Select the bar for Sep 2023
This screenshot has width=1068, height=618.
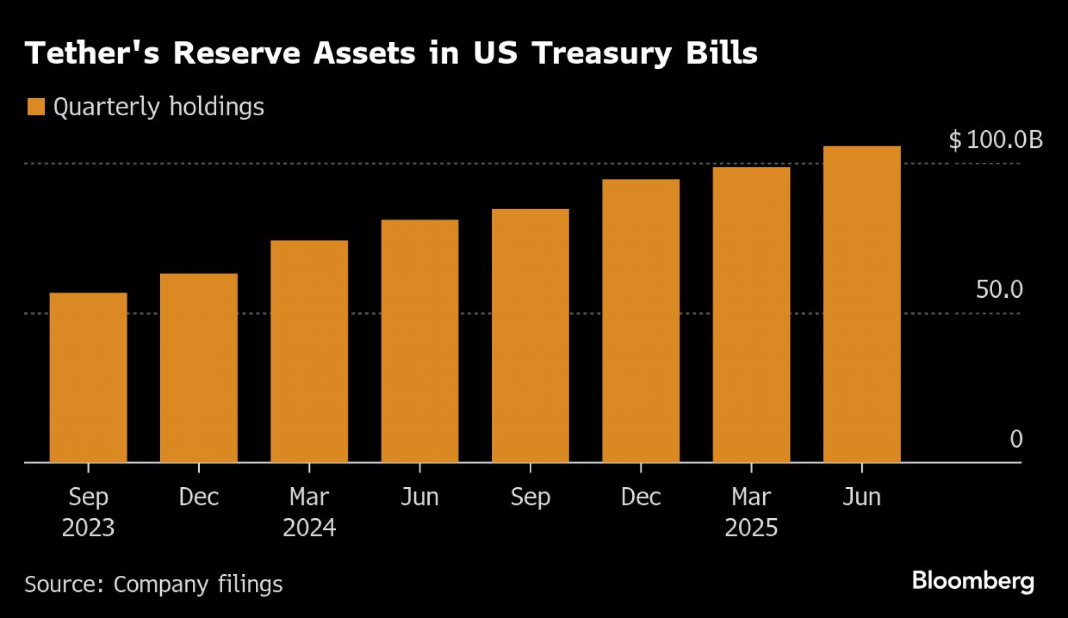pyautogui.click(x=88, y=377)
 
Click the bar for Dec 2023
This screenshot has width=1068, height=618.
pyautogui.click(x=199, y=368)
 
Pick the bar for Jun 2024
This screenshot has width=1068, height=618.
pyautogui.click(x=420, y=341)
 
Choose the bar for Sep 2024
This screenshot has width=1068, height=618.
pyautogui.click(x=530, y=336)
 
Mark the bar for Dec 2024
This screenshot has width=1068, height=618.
pyautogui.click(x=641, y=321)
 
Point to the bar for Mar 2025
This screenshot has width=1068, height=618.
pyautogui.click(x=751, y=315)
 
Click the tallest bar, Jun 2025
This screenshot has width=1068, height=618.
pyautogui.click(x=862, y=304)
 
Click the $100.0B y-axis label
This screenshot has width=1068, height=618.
pyautogui.click(x=995, y=140)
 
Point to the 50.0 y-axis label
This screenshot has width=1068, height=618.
pyautogui.click(x=999, y=289)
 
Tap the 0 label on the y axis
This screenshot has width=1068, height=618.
pyautogui.click(x=1016, y=439)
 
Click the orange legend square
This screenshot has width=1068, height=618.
pyautogui.click(x=36, y=107)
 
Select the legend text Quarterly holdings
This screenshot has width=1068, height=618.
pyautogui.click(x=159, y=107)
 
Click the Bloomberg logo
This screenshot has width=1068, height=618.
pyautogui.click(x=973, y=581)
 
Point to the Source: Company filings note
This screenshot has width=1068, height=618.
pyautogui.click(x=153, y=584)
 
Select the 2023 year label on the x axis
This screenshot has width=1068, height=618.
pyautogui.click(x=88, y=528)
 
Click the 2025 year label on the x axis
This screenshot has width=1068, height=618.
pyautogui.click(x=751, y=528)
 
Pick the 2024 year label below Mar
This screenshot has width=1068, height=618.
pyautogui.click(x=309, y=528)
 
